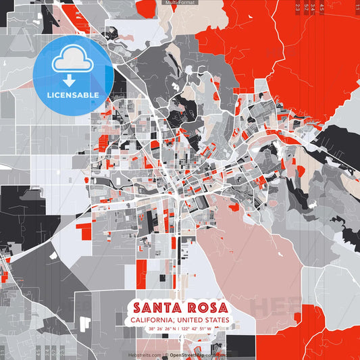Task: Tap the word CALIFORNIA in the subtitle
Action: [150, 320]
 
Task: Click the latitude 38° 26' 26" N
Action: [161, 329]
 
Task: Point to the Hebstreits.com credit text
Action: [145, 355]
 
